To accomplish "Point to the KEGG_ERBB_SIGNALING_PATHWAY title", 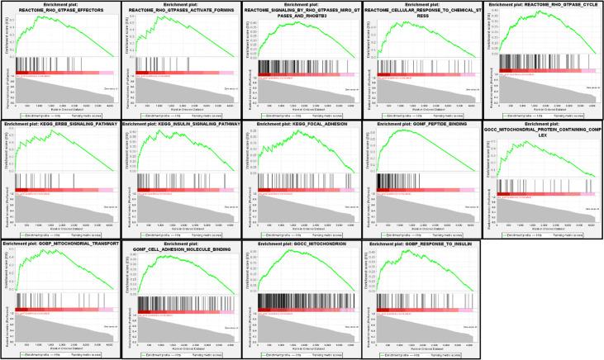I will pos(59,126).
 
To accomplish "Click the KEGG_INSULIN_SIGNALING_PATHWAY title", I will pos(178,126).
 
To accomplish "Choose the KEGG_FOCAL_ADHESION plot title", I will pos(300,126).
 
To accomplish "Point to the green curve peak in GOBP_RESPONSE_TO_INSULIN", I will pos(410,253).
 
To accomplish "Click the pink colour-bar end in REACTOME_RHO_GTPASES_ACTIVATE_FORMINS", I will pos(226,73).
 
